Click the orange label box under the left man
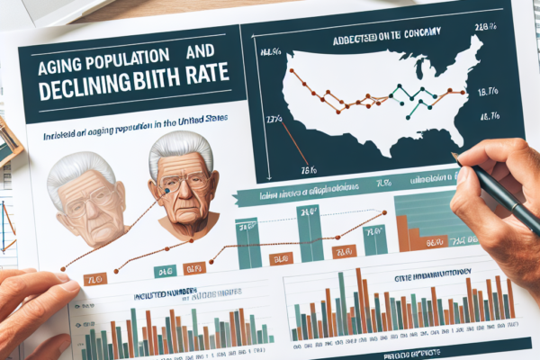91,280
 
